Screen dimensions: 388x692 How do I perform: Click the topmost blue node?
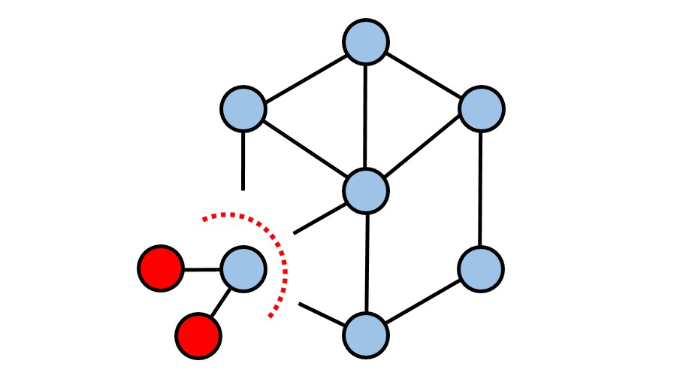coord(366,41)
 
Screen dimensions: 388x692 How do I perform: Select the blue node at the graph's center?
coord(366,190)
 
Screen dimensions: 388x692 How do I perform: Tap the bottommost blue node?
coord(366,334)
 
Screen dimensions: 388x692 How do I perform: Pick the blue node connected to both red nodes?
coord(243,268)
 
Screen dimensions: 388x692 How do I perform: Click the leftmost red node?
coord(161,268)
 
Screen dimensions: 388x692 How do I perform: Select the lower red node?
coord(198,335)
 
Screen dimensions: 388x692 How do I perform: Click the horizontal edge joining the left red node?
coord(201,268)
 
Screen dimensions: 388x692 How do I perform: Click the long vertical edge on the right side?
coord(480,189)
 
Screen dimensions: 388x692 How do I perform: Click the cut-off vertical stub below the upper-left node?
coord(243,159)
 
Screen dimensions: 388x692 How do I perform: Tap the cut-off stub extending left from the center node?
coord(319,218)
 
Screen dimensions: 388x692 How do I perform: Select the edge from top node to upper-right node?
coord(423,75)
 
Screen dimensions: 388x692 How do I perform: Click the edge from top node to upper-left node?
coord(304,75)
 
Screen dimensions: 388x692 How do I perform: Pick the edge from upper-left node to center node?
coord(304,150)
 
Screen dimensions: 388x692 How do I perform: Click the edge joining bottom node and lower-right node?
coord(423,301)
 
